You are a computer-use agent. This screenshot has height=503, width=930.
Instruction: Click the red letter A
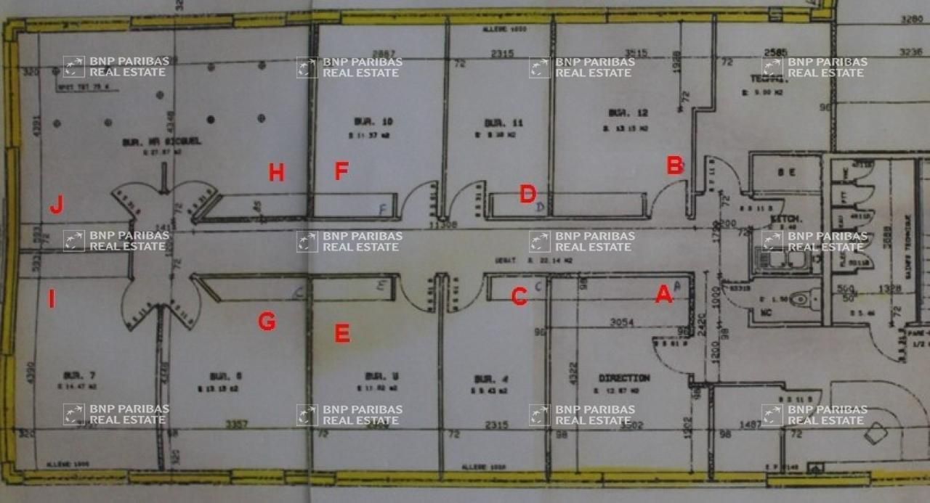[x=663, y=295]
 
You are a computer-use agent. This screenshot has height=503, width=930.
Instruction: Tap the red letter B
[x=674, y=165]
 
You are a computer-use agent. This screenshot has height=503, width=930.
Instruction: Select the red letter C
[x=519, y=296]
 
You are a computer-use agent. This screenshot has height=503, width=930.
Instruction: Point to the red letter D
[x=527, y=194]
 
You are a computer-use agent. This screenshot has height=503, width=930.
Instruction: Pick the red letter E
[x=342, y=333]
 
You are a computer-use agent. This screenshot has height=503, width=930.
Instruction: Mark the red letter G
[x=267, y=322]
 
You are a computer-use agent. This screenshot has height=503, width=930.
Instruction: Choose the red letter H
[x=276, y=173]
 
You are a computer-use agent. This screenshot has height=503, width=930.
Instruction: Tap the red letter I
[x=52, y=298]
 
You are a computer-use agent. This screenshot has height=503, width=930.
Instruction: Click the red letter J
[x=56, y=207]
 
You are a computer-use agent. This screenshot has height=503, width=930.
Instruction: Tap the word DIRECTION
[x=624, y=378]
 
